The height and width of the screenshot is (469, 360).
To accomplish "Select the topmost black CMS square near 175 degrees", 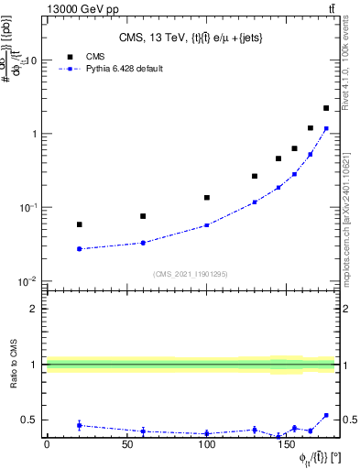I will pyautogui.click(x=326, y=108).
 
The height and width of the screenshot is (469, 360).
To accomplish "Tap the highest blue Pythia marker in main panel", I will pyautogui.click(x=326, y=128).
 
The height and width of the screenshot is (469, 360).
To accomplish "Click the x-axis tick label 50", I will pyautogui.click(x=126, y=443).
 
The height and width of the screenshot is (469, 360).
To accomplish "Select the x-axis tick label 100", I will pyautogui.click(x=207, y=443).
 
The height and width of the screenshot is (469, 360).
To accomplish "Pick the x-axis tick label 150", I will pyautogui.click(x=287, y=443).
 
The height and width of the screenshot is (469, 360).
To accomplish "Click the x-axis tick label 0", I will pyautogui.click(x=47, y=443).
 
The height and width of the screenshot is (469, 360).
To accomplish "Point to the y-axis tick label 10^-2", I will pyautogui.click(x=28, y=281).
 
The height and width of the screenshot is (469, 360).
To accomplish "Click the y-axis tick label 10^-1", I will pyautogui.click(x=28, y=208).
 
